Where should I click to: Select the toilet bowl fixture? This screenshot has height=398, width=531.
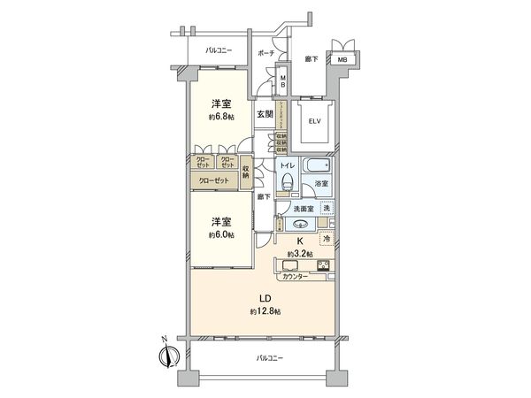(x=287, y=182)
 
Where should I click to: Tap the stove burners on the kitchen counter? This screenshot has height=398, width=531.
(x=324, y=265)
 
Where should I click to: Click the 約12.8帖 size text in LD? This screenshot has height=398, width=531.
(x=265, y=312)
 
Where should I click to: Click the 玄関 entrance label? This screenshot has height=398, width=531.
(x=265, y=114)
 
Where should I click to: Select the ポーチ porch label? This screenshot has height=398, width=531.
(x=265, y=54)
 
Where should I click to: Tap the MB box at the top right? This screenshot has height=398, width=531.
(x=341, y=59)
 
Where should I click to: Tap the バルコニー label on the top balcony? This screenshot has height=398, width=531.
(x=218, y=50)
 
